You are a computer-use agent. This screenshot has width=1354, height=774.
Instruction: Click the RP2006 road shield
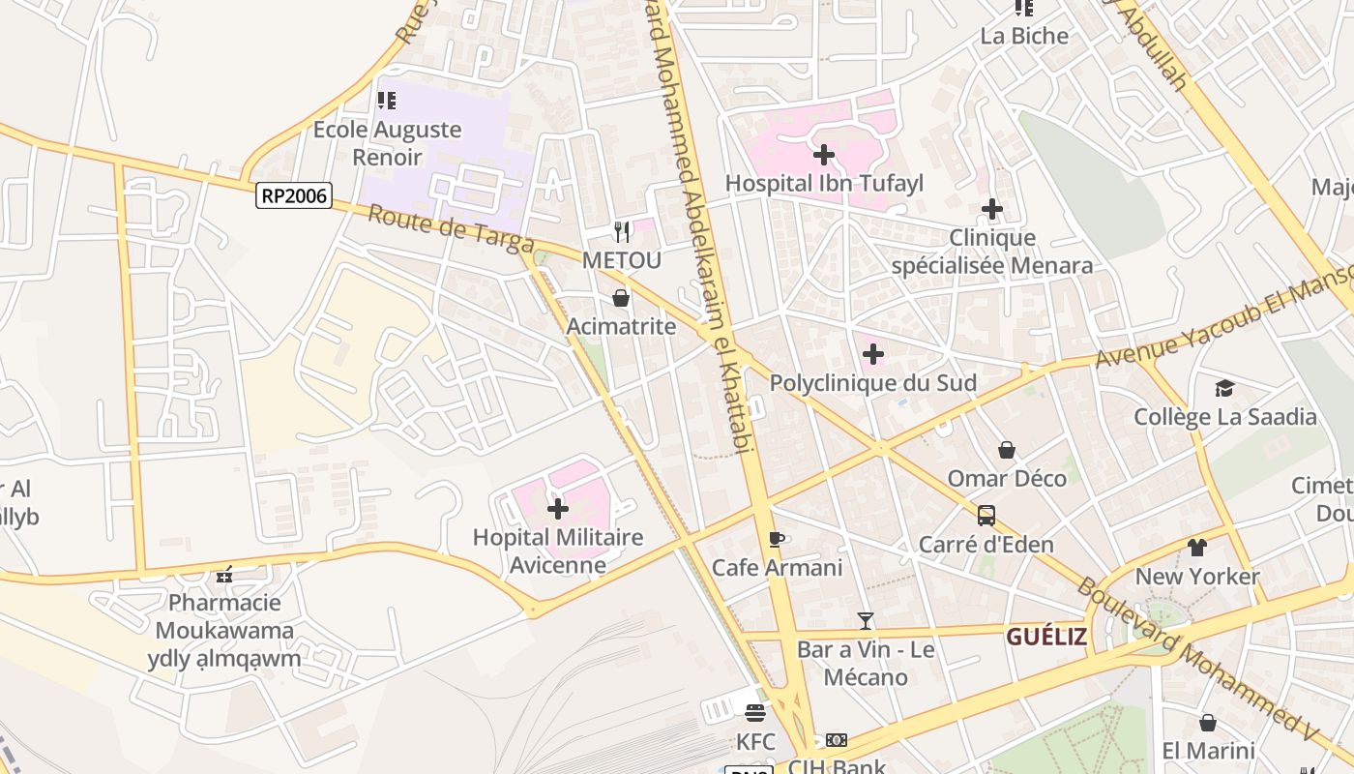[x=295, y=196]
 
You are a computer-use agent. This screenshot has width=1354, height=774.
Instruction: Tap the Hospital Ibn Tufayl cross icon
[x=824, y=154]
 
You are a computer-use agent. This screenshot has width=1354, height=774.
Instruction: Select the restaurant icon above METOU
[x=622, y=231]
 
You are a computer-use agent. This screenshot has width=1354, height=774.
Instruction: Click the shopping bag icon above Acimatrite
[x=621, y=298]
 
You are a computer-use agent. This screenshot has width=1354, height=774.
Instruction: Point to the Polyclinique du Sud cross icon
[x=872, y=354]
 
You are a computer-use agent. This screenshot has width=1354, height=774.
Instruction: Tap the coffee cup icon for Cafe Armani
[x=775, y=539]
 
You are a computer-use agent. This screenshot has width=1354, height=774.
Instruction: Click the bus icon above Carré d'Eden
[x=986, y=516]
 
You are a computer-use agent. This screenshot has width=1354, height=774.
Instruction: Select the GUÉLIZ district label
[x=1046, y=637]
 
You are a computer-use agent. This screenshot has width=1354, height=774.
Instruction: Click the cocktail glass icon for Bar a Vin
[x=866, y=620]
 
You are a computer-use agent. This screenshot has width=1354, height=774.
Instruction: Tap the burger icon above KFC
[x=755, y=713]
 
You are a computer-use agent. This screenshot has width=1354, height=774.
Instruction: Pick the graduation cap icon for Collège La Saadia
[x=1225, y=388]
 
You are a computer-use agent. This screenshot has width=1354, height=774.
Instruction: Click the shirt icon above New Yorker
[x=1197, y=548]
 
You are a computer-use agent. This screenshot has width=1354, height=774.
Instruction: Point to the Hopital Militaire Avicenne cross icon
[x=558, y=508]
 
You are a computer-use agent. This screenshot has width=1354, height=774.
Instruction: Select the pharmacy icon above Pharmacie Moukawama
[x=224, y=575]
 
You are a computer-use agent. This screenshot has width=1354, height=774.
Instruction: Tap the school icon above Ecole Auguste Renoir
[x=387, y=100]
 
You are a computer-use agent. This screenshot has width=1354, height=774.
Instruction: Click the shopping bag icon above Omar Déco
[x=1007, y=450]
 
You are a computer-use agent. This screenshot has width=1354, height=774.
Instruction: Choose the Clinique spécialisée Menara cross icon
[x=992, y=208]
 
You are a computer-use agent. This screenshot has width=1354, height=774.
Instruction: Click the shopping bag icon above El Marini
[x=1207, y=723]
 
